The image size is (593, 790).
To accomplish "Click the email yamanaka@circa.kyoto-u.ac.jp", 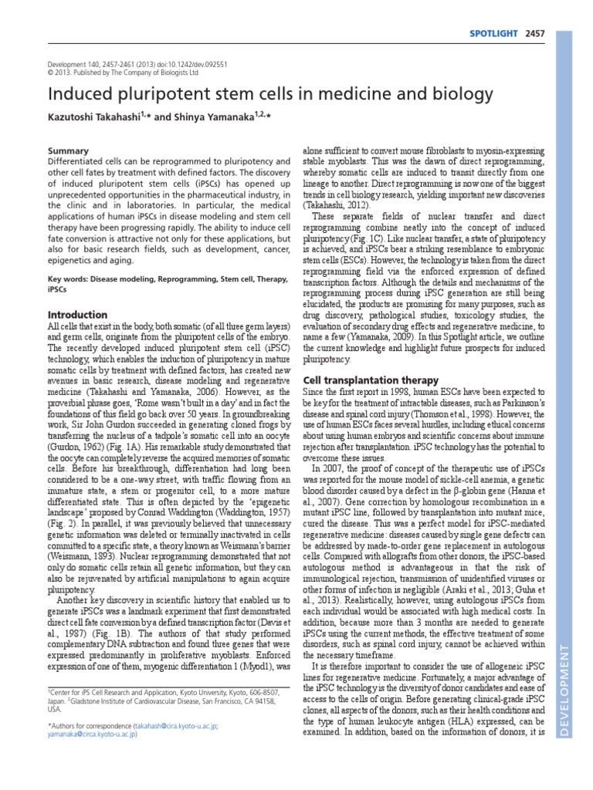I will pos(92,735).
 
